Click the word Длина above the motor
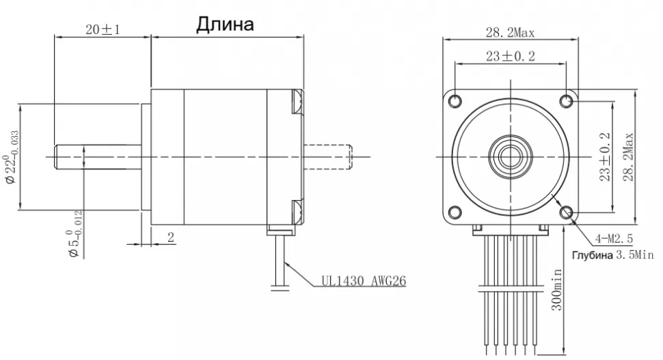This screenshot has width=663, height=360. (225, 25)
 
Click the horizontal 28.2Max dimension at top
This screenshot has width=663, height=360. (510, 32)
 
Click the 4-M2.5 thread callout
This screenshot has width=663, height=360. (614, 238)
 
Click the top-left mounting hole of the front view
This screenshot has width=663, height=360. (456, 102)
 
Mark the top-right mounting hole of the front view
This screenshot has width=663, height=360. (566, 102)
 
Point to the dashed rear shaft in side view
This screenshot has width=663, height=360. (328, 156)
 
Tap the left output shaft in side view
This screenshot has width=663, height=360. (96, 156)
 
